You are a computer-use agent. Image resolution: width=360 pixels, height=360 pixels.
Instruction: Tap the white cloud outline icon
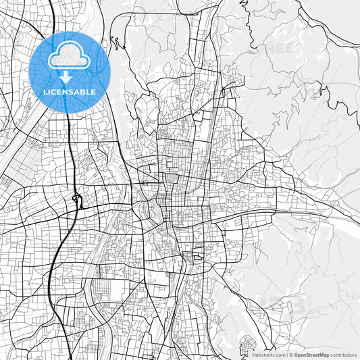click(x=70, y=57)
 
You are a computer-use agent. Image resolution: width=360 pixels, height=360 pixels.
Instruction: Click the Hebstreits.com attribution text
click(x=269, y=355)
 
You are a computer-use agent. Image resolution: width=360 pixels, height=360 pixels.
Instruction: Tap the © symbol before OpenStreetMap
click(x=290, y=355)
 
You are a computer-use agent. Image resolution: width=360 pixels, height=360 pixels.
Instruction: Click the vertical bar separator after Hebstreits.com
click(x=286, y=355)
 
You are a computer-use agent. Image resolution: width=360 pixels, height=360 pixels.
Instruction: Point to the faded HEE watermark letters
click(x=279, y=48)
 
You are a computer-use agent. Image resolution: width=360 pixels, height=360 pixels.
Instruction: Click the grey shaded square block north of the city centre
click(x=172, y=179)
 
